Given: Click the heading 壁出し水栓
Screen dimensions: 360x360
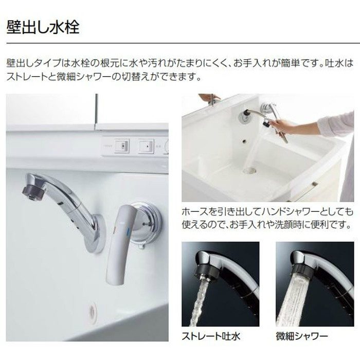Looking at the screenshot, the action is (43, 27).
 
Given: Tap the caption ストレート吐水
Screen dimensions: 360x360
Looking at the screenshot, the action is (211, 336).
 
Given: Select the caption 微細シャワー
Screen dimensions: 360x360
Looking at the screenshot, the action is (302, 336).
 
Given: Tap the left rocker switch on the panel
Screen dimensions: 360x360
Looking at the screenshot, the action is (122, 146).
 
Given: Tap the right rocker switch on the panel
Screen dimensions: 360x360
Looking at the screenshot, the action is (146, 146).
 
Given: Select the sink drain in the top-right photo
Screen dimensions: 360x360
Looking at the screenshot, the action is (249, 170).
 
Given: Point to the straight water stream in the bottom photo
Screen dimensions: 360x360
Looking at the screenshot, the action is (199, 303).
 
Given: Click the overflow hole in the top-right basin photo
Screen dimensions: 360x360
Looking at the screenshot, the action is (244, 141).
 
